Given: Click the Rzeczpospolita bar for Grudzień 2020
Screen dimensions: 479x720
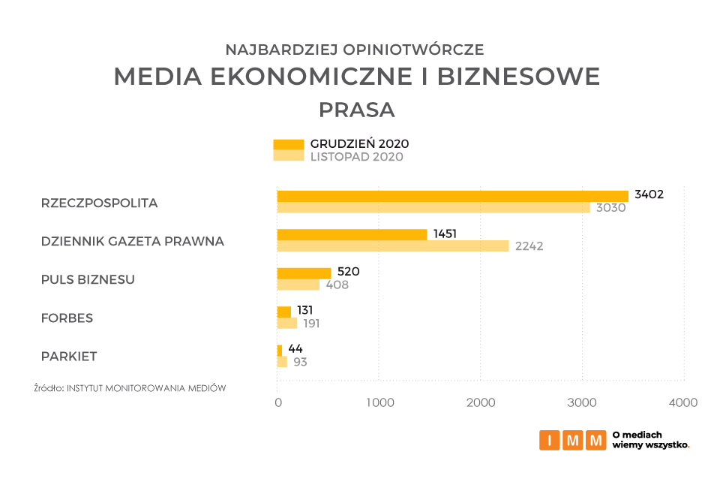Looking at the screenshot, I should tap(452, 196).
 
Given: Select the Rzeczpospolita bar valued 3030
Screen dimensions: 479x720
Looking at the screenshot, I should tap(433, 207).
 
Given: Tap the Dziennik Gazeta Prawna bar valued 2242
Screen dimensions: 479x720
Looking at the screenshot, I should tap(393, 246).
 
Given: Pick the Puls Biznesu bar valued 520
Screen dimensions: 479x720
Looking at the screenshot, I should tap(304, 273).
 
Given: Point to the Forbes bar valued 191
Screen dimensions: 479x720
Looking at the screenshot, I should tap(287, 323).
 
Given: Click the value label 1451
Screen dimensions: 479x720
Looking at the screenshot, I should tap(445, 233).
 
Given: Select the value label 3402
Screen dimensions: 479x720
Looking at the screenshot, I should tap(649, 194).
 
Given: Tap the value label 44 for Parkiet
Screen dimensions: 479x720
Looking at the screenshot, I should tap(295, 349).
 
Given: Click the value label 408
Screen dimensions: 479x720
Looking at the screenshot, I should tap(337, 285).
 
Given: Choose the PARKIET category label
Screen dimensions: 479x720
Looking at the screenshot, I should tap(69, 356).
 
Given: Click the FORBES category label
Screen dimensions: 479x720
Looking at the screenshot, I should tap(67, 318).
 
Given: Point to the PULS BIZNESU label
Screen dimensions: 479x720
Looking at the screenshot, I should tap(88, 279).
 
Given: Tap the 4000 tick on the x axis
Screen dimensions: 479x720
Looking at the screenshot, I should tap(682, 403).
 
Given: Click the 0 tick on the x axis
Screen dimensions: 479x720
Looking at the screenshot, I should tap(278, 403).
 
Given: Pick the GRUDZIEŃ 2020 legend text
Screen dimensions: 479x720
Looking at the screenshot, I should tap(359, 143).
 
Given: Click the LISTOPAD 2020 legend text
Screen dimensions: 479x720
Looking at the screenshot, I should tap(357, 157).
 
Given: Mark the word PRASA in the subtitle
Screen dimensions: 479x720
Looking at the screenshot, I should tap(356, 110).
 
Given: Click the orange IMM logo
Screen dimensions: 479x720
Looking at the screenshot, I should tap(572, 440).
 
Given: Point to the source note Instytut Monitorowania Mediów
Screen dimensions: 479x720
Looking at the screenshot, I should tap(130, 388).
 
